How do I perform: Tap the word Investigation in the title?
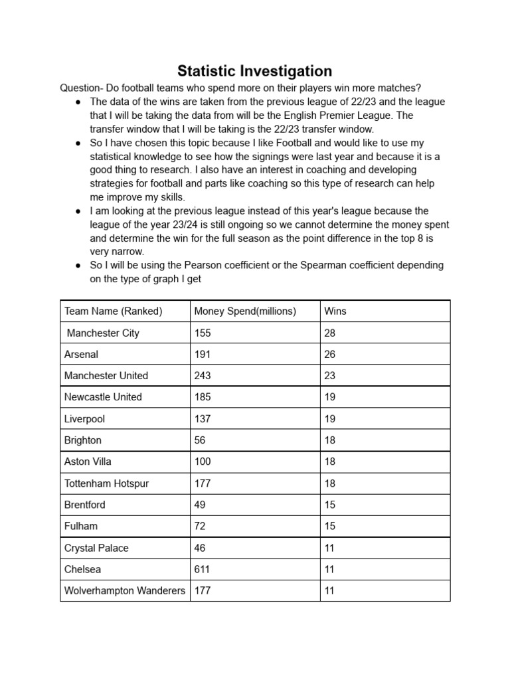[x=291, y=71]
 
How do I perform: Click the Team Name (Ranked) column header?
[x=113, y=311]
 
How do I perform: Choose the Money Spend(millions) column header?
[x=245, y=311]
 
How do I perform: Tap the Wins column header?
[x=335, y=311]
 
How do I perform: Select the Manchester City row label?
[x=103, y=333]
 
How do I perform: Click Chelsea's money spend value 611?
[x=203, y=569]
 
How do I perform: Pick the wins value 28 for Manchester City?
[x=330, y=333]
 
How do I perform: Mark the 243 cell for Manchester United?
[x=203, y=375]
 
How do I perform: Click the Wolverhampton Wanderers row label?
[x=125, y=590]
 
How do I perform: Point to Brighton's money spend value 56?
[x=200, y=440]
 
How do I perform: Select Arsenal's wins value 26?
[x=330, y=354]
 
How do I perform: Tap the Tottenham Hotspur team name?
[x=106, y=483]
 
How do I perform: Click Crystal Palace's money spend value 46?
[x=200, y=548]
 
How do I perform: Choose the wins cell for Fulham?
[x=330, y=526]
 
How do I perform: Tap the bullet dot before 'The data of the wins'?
[x=78, y=102]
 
